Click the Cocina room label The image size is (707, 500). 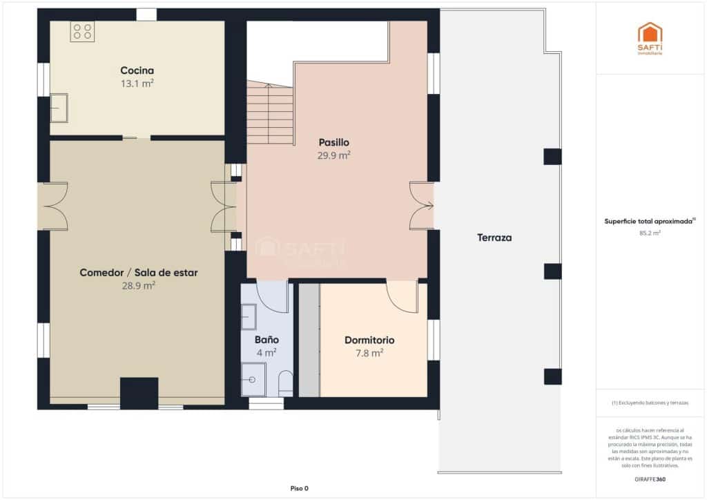[137, 70]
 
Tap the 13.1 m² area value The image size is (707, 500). [137, 84]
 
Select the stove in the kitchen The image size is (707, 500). [82, 31]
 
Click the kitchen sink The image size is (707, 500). [59, 108]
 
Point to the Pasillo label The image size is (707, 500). [333, 142]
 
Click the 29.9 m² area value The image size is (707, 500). [333, 156]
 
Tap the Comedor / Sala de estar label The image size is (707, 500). [138, 273]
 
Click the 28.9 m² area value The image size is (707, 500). [138, 285]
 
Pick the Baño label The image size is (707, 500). [267, 340]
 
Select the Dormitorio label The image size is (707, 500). [369, 340]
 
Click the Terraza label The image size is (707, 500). [494, 238]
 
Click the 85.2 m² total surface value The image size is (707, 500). [650, 233]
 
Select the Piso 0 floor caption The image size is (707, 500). [299, 488]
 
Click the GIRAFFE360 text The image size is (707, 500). [650, 479]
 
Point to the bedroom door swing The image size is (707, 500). [402, 296]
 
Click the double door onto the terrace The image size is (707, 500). [420, 205]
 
